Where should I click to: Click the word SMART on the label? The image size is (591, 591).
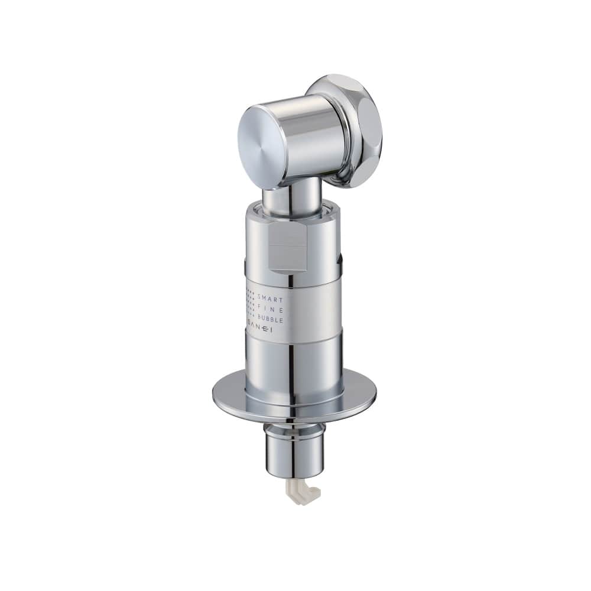(x=270, y=300)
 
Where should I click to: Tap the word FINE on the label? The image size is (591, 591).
(x=271, y=310)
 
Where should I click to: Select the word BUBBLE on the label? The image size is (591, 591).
(x=271, y=320)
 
